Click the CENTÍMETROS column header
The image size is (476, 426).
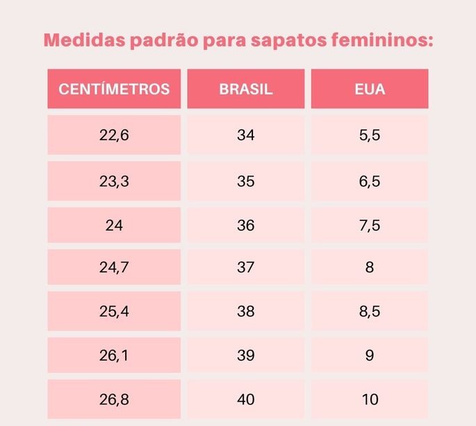(114, 89)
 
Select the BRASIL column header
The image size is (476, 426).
(245, 89)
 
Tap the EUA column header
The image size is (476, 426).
(369, 89)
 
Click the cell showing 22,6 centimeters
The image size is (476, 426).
(114, 135)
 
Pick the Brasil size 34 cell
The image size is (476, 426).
(245, 135)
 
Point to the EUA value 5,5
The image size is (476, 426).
(369, 135)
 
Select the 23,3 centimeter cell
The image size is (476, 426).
(114, 181)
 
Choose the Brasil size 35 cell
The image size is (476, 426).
(245, 181)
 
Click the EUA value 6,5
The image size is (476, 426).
(369, 181)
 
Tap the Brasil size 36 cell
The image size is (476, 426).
(245, 225)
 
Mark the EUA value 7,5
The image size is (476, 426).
(369, 225)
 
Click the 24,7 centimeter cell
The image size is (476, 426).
(114, 268)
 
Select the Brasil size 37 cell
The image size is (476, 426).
(245, 268)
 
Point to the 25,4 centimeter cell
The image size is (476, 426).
(114, 311)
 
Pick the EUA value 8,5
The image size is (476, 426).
(369, 311)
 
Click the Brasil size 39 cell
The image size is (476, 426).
(245, 355)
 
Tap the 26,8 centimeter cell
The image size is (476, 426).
(114, 399)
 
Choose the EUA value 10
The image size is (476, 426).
(369, 399)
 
